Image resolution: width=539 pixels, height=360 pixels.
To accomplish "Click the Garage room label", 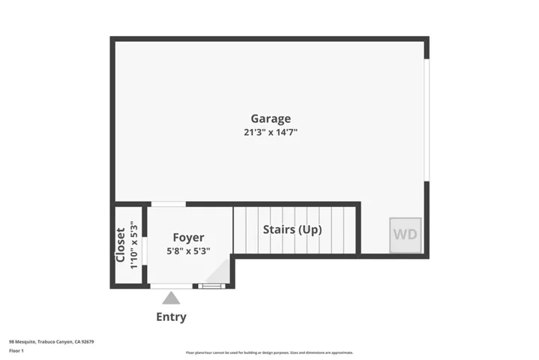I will [270, 118].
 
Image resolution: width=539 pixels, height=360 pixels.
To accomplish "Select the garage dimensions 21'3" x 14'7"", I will [270, 132].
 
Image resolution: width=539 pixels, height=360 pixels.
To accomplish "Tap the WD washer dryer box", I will [406, 234].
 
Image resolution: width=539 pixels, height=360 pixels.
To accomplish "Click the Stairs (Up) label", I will [292, 229].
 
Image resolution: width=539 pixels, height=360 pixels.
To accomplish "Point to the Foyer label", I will [188, 238].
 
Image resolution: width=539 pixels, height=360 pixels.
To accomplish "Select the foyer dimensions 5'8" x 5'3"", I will [188, 251].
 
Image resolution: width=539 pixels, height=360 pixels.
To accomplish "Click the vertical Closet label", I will [121, 245].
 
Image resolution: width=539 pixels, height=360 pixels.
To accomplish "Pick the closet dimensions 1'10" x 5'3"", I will [133, 245].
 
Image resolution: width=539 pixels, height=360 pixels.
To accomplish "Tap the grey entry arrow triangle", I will [171, 298].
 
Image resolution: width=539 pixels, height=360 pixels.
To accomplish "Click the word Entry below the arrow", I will [171, 316].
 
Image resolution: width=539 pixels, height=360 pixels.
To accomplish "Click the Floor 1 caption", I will [16, 350].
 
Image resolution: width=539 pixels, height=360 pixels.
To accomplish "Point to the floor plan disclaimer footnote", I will [269, 352].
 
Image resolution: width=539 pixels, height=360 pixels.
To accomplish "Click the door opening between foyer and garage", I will [169, 203].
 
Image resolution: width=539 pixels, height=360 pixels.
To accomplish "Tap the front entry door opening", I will [171, 286].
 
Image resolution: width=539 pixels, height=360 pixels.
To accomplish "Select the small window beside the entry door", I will [211, 286].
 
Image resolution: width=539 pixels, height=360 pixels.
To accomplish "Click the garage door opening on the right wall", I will [427, 120].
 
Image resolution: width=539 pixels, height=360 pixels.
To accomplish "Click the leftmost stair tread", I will [240, 230].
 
